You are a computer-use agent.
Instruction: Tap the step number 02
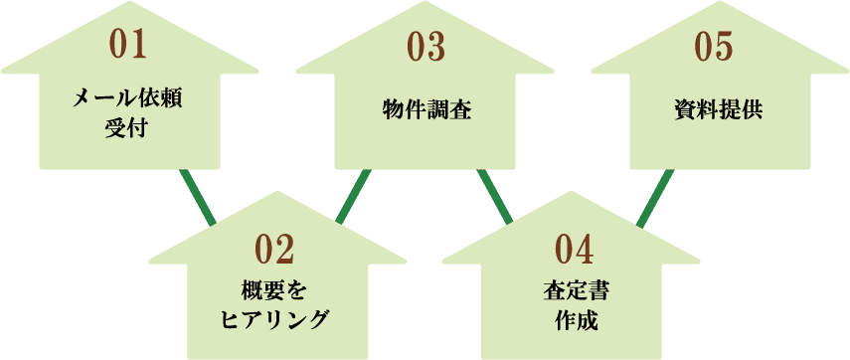pyautogui.click(x=276, y=247)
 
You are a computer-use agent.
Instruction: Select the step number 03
pyautogui.click(x=425, y=46)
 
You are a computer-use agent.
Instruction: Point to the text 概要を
pyautogui.click(x=276, y=290)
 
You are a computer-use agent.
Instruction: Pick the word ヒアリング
pyautogui.click(x=274, y=319)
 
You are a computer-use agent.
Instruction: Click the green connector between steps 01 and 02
pyautogui.click(x=198, y=197)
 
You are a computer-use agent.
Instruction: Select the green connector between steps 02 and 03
pyautogui.click(x=353, y=197)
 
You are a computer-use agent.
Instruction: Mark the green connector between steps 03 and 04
pyautogui.click(x=494, y=197)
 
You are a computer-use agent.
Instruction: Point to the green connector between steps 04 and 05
pyautogui.click(x=654, y=197)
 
